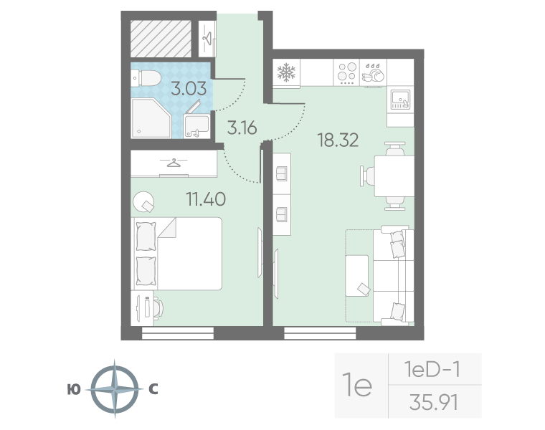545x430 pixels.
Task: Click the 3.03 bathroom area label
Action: coord(189,88)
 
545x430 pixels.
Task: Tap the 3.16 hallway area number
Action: coord(242,128)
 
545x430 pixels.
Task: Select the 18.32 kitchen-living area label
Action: coord(338,140)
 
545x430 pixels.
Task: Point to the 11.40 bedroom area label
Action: coord(206,199)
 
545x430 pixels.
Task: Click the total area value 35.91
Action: coord(434,402)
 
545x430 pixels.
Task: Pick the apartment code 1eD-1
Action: coord(432,369)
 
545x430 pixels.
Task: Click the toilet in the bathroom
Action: coord(146,78)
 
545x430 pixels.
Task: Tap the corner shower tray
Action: coord(151,118)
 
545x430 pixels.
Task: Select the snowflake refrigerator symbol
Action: coord(286,72)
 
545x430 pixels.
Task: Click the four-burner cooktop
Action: coord(346,72)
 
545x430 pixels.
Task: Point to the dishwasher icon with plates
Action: coord(373,72)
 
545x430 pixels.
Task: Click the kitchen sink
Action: coord(400,100)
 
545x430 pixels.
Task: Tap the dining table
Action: coord(394,176)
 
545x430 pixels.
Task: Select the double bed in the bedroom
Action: coord(176,254)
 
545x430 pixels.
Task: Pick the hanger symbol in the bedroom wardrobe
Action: coord(174,162)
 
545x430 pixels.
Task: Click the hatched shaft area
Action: coord(161,39)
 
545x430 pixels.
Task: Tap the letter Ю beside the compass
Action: coord(74,390)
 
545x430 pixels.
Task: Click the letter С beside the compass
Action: coord(153,389)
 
